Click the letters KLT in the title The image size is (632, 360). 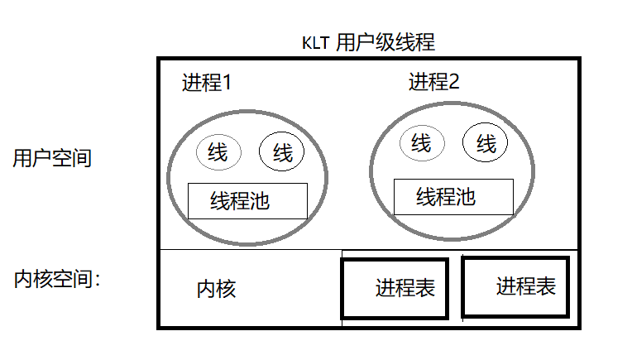coord(316,42)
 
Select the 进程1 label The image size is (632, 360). coord(206,83)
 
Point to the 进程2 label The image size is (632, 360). coord(433,82)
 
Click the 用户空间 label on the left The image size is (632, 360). coord(51,158)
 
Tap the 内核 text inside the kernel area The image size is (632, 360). coord(217,289)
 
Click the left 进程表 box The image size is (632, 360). coord(395,288)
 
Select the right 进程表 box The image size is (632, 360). coord(515,286)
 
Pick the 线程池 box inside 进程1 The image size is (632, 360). coord(247,201)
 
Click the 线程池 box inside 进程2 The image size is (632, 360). coord(452,196)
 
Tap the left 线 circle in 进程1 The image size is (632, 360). coord(218,152)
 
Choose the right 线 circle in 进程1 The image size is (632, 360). coord(282,152)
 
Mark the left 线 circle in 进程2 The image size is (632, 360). coord(422,143)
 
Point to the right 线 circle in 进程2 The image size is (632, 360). coord(486,143)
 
